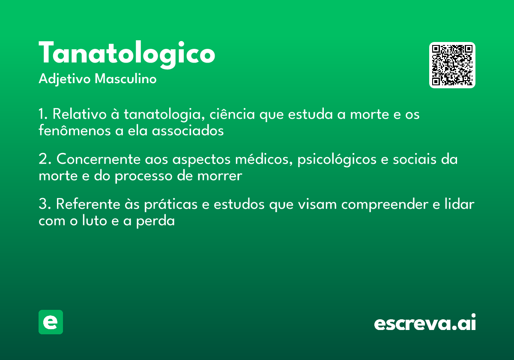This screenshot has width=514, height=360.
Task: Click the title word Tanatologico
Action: pos(127,54)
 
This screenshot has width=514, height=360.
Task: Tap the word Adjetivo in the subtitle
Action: pos(65,79)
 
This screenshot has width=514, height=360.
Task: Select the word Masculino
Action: pos(126,78)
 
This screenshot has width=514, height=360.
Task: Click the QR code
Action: pos(452,65)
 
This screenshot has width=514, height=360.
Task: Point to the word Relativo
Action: pos(79,114)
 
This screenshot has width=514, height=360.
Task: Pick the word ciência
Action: pos(232,114)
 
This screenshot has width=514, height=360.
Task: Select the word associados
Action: pos(188,131)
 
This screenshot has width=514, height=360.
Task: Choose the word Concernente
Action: pos(99,159)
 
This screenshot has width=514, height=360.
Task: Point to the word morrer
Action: pos(220,176)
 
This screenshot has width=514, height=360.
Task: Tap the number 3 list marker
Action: pos(45,204)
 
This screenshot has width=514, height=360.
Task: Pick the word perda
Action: pos(155,221)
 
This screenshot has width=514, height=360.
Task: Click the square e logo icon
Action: pos(51,322)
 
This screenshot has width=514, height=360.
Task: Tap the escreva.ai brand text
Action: pos(425,322)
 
